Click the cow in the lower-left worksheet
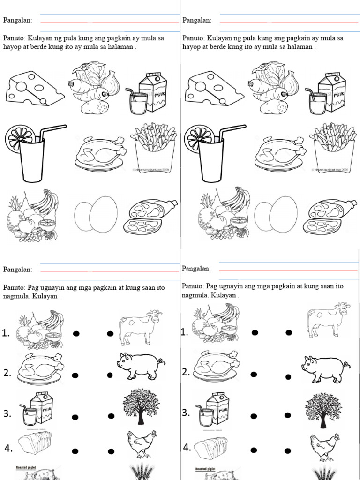(x=139, y=326)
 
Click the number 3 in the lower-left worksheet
(x=7, y=414)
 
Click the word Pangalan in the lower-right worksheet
(x=196, y=269)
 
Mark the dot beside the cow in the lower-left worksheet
(x=110, y=334)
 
